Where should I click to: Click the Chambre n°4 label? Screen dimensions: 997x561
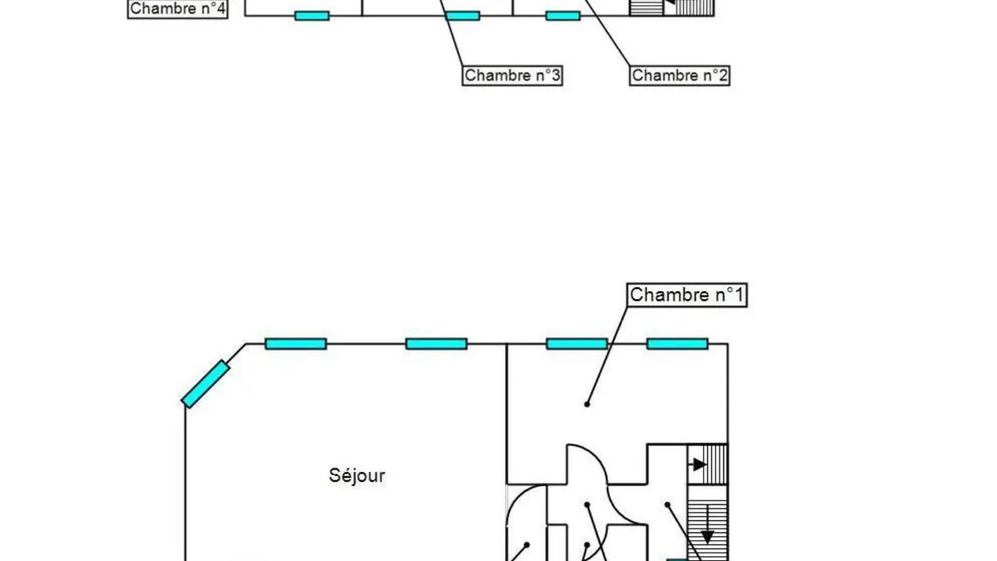(178, 9)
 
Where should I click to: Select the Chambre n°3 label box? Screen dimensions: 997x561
(513, 76)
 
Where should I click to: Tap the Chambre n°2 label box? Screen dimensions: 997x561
(680, 76)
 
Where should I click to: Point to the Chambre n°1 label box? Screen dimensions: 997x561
(687, 295)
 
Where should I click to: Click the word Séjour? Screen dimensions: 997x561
(357, 475)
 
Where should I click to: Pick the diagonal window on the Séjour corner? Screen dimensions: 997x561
(206, 384)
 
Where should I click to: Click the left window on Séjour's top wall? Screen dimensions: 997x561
(296, 344)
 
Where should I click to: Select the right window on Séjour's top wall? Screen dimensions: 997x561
(437, 344)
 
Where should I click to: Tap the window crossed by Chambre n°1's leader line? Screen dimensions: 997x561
(577, 344)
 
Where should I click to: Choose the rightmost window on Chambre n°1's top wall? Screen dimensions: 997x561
(677, 344)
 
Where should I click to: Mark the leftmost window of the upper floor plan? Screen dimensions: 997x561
(312, 16)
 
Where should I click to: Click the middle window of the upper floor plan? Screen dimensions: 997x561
(463, 16)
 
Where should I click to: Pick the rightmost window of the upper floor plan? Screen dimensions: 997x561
(563, 16)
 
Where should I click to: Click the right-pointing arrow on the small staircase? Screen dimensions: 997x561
(699, 465)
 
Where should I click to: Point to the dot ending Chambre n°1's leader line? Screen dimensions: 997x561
(587, 404)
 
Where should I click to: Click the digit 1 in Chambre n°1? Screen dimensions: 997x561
(739, 295)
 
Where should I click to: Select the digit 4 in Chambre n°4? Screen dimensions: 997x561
(221, 9)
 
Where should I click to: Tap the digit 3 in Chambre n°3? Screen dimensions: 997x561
(556, 76)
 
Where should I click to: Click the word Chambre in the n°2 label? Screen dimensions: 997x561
(660, 76)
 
